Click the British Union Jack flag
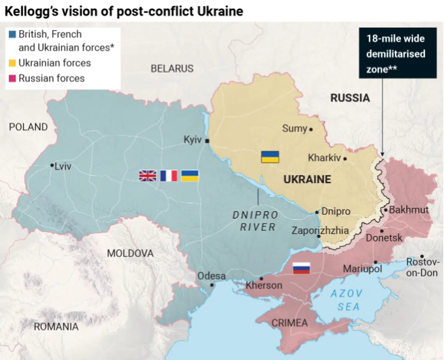coord(148,176)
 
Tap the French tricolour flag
coord(169,176)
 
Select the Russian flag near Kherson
coord(301,268)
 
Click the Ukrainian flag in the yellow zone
coord(270,157)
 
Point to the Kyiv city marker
coord(207,141)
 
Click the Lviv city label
coord(63,167)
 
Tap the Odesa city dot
coord(212,285)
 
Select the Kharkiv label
coord(324,158)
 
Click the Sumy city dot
coord(311,129)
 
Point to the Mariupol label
coord(362,269)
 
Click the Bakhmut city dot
coord(386,210)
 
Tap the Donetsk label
coord(384,238)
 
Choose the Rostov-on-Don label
coord(422,267)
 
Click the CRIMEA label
coord(290,323)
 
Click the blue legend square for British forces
coord(12,34)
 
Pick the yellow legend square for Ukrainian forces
coord(12,63)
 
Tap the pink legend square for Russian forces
coord(12,78)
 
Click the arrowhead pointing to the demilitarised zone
coord(382,154)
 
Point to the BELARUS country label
coord(172,69)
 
